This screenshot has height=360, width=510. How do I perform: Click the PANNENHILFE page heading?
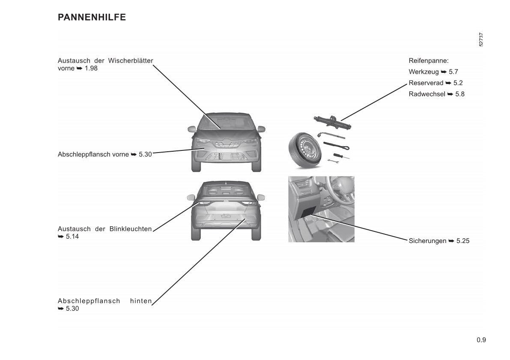(92, 17)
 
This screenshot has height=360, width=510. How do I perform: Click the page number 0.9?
(481, 340)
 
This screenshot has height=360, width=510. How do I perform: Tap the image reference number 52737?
(481, 40)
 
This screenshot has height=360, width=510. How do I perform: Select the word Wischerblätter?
(131, 60)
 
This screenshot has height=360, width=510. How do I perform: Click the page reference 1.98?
(91, 68)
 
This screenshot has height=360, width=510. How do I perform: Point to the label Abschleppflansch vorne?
(93, 154)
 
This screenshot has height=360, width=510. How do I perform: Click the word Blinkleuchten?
(131, 229)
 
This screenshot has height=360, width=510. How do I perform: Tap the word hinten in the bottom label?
(141, 301)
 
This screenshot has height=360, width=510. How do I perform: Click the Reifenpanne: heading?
(428, 61)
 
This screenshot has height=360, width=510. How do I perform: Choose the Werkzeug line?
(433, 72)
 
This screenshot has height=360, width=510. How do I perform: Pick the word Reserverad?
(426, 83)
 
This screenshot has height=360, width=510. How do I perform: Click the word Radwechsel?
(427, 94)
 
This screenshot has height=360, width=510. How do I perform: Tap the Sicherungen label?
(427, 241)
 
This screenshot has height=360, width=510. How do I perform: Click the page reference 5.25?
(463, 241)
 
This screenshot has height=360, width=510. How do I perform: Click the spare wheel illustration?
(304, 150)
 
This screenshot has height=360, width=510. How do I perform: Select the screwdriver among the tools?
(341, 156)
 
